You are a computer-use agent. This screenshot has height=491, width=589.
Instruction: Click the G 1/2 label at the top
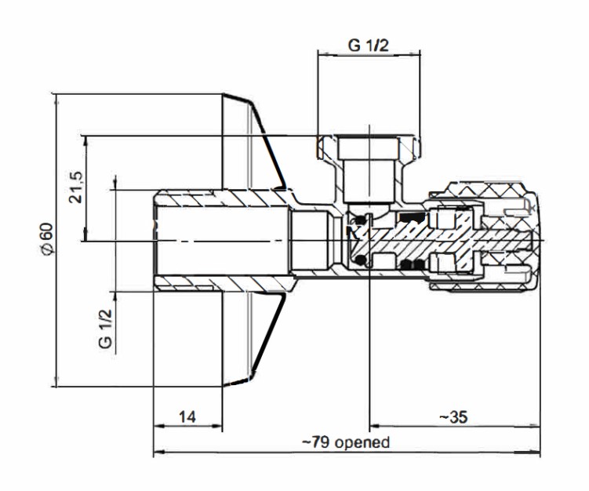point(368,45)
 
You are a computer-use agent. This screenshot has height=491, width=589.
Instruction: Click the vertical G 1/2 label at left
point(105,329)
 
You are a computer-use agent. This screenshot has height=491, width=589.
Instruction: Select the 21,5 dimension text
point(75,187)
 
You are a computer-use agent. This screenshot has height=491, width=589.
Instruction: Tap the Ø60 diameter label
point(47,238)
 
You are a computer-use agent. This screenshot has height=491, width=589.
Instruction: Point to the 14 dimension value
point(187,416)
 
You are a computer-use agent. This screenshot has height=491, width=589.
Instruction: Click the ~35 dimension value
point(453,416)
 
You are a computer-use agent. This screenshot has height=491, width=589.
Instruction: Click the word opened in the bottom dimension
point(362,442)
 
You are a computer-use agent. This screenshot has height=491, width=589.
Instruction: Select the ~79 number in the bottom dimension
point(316,442)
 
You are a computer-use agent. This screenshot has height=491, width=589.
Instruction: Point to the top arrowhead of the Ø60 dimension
point(56,100)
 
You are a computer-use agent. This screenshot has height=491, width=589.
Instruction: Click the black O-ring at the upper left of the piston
point(362,219)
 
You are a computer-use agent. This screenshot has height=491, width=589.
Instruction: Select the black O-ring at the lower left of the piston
point(362,260)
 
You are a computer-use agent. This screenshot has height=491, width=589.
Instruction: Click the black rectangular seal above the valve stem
point(412,217)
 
